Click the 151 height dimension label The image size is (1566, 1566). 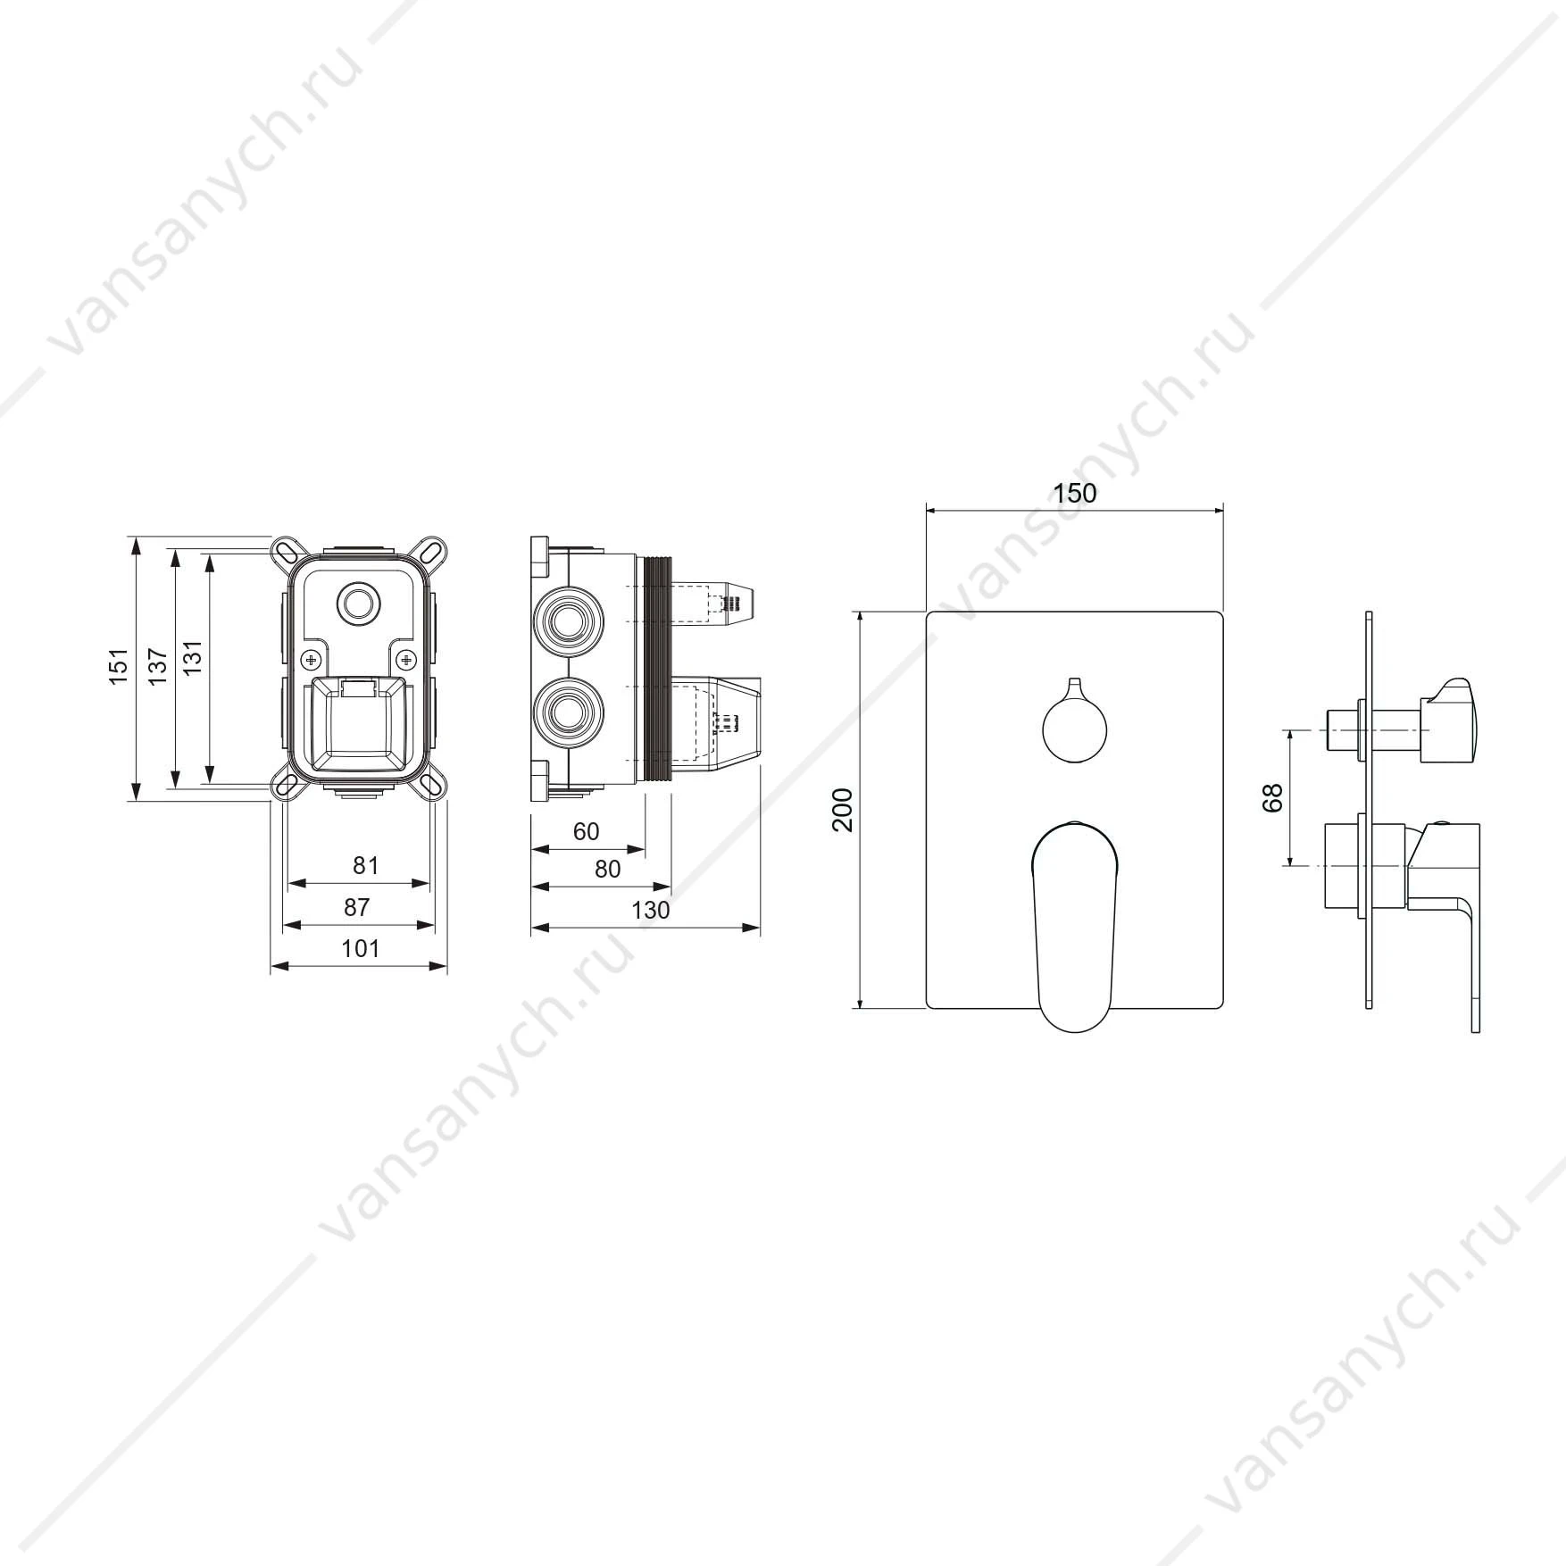tap(120, 666)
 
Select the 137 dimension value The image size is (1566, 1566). tap(158, 666)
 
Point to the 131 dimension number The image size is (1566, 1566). tap(193, 658)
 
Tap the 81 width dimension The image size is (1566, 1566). tap(366, 865)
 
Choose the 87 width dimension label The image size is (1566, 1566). tap(357, 907)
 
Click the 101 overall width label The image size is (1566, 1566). tap(361, 948)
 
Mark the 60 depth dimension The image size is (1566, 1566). tap(586, 831)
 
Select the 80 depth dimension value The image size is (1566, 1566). tap(607, 869)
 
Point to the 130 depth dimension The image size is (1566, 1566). tap(650, 910)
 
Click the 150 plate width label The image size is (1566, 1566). tap(1075, 493)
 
